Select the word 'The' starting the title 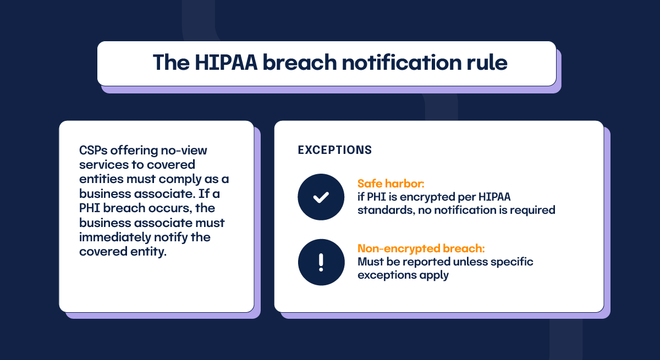[170, 63]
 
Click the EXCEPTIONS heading [334, 150]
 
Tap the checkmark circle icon [321, 197]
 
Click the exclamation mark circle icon [321, 262]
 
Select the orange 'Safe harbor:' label [391, 184]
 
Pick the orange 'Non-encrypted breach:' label [421, 248]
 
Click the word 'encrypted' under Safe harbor [428, 197]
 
